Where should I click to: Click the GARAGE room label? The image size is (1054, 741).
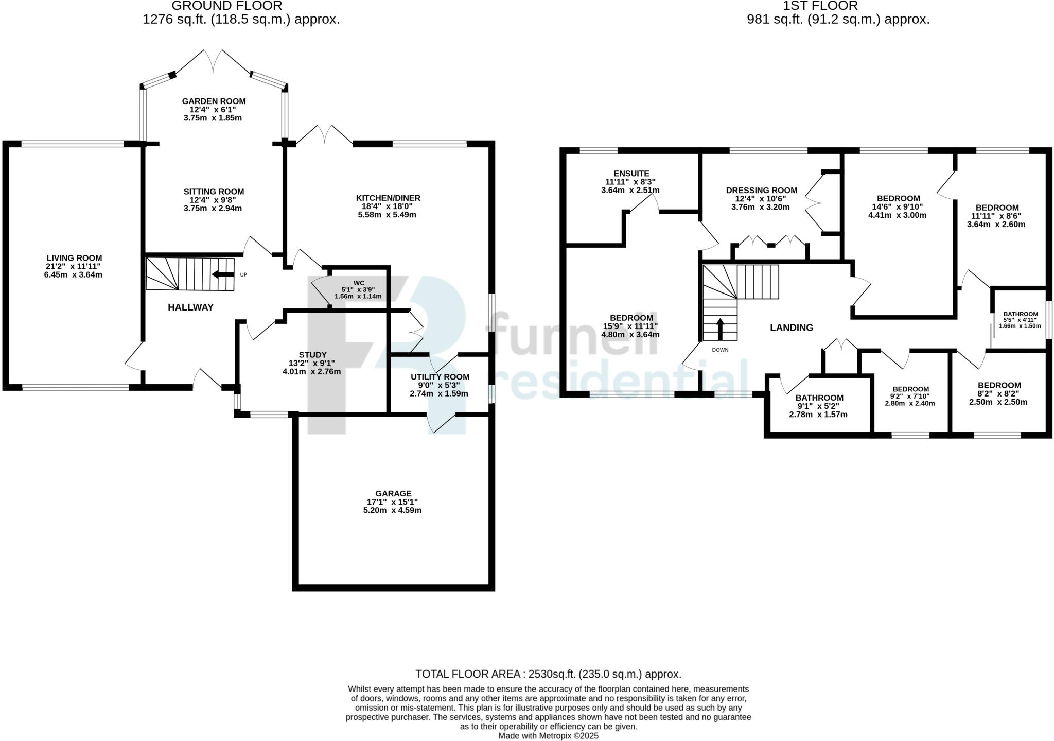coord(393,493)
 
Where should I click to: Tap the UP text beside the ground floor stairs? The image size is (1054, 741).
coord(243,275)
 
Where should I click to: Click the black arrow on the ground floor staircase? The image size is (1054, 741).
coord(223,275)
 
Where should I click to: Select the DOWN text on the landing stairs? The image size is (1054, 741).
coord(720,350)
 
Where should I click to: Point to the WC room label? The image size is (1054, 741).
coord(359,283)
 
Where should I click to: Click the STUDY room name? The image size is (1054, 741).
coord(312,355)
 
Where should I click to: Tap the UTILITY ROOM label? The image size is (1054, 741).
coord(440,377)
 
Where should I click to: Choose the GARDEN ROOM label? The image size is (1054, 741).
coord(214,101)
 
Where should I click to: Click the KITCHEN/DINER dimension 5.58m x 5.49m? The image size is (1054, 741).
coord(387,215)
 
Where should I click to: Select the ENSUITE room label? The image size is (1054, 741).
coord(631,174)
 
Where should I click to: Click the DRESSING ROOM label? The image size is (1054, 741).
coord(761,190)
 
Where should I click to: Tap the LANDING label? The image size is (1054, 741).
coord(791,328)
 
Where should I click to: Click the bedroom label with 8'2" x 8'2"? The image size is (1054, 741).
coord(999,385)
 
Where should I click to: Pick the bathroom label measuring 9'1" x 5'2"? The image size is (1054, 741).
coord(819,398)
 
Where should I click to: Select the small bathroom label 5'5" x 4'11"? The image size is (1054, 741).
coord(1020,314)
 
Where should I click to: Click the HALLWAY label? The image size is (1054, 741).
coord(190,307)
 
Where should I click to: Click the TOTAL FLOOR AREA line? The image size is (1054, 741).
coord(548,674)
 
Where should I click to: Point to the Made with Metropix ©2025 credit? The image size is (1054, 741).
coord(548,736)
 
